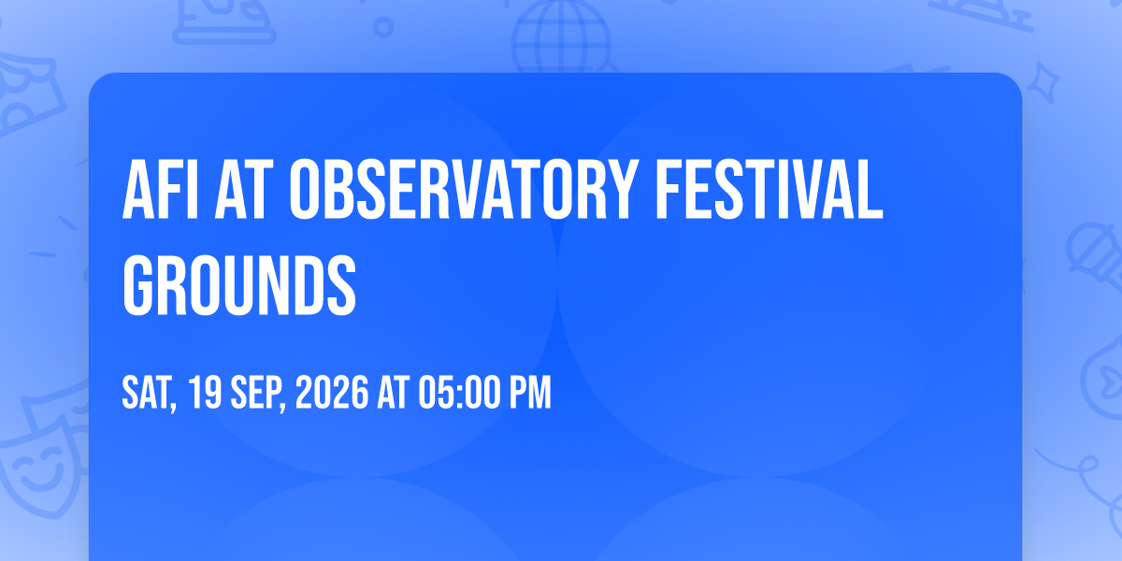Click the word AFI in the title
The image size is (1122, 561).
tap(160, 190)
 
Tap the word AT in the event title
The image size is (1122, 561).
tap(244, 190)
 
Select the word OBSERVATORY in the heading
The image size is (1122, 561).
tap(465, 190)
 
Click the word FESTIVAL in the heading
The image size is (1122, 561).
tap(769, 190)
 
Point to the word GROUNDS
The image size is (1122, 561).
tap(239, 285)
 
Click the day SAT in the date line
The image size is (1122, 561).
tap(149, 394)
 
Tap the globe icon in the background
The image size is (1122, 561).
tap(561, 36)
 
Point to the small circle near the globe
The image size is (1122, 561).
tap(383, 27)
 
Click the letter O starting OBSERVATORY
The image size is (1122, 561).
tap(305, 190)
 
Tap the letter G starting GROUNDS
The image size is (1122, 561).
tap(137, 285)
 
